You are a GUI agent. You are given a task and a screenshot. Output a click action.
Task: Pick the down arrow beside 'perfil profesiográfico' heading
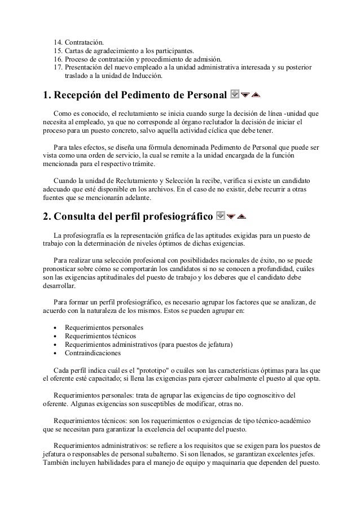(231, 216)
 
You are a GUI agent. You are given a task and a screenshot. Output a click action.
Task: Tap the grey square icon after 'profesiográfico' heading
(221, 216)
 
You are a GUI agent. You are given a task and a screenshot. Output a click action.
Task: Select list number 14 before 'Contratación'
(58, 42)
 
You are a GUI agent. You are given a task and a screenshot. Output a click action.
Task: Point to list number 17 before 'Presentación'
(58, 67)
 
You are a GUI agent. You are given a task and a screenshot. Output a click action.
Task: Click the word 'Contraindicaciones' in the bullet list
(93, 354)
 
